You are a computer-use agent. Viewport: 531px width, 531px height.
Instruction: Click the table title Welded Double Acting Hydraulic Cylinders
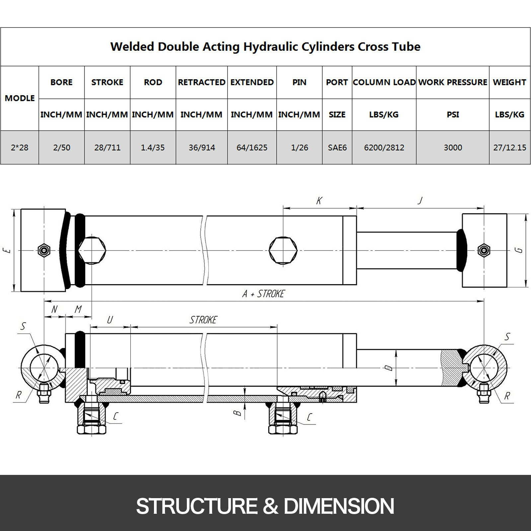pos(232,46)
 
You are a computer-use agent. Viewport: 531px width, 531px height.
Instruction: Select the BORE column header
pos(61,82)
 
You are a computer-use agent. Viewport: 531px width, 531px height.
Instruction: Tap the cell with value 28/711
pos(107,147)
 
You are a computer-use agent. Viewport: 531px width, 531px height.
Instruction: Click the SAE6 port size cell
pos(337,147)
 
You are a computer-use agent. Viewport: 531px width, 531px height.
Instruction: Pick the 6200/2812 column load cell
pos(384,147)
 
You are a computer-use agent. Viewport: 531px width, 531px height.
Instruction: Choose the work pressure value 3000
pos(453,147)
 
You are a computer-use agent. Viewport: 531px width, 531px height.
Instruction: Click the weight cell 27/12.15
pos(509,147)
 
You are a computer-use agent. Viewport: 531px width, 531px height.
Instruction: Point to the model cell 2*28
pos(20,147)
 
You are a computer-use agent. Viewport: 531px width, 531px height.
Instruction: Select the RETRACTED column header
pos(202,82)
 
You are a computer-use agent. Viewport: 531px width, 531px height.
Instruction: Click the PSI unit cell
pos(453,114)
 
